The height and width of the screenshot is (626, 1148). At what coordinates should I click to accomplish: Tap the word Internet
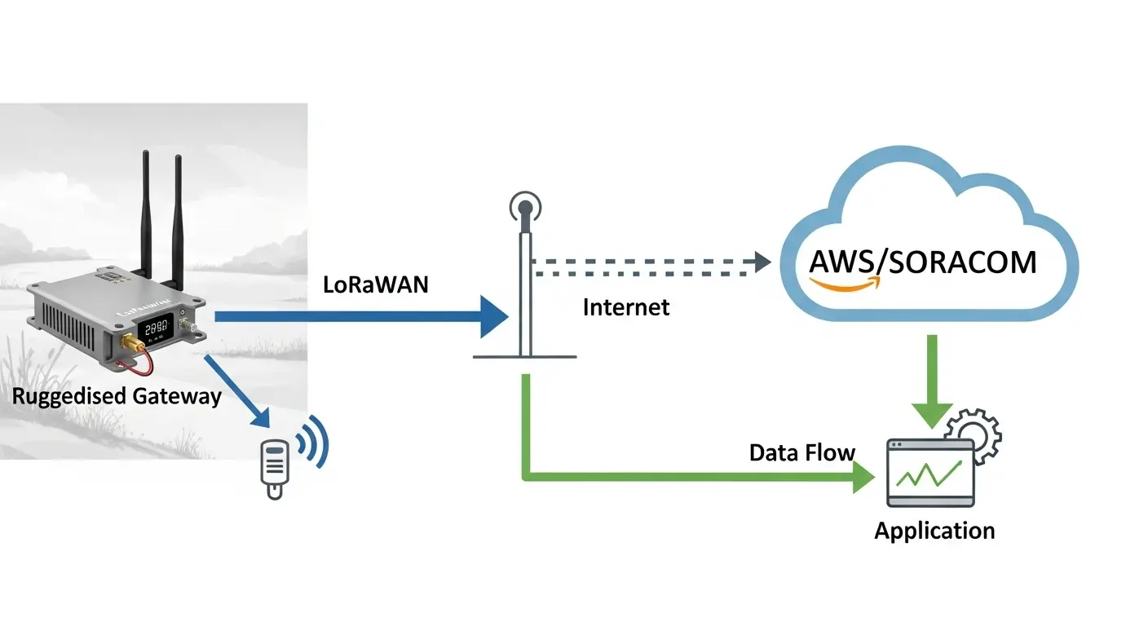pyautogui.click(x=625, y=307)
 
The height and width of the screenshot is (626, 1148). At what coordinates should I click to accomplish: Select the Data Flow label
pyautogui.click(x=802, y=453)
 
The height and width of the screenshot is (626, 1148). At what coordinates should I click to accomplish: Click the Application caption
pyautogui.click(x=934, y=531)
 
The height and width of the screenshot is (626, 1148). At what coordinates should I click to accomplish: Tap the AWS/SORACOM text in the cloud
pyautogui.click(x=923, y=262)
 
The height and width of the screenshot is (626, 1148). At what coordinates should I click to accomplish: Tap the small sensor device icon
pyautogui.click(x=275, y=467)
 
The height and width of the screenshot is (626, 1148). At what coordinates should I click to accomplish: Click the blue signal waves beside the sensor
pyautogui.click(x=314, y=445)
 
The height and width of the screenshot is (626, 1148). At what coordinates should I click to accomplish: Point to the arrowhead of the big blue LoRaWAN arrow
pyautogui.click(x=493, y=315)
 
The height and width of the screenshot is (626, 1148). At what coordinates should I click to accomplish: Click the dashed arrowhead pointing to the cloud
pyautogui.click(x=762, y=262)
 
